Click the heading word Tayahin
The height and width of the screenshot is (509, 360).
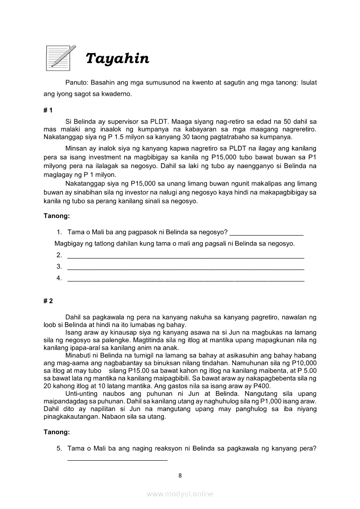coord(117,58)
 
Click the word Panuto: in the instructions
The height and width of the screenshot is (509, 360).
coord(77,82)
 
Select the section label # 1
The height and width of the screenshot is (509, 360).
coord(48,111)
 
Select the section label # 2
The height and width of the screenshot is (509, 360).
coord(48,301)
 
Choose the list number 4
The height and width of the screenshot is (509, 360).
coord(59,278)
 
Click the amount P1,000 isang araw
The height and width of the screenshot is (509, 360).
coord(278,401)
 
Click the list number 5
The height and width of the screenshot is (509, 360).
coord(59,448)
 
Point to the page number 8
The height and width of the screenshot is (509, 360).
coord(180,475)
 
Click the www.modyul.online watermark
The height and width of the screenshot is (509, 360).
coord(180,494)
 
